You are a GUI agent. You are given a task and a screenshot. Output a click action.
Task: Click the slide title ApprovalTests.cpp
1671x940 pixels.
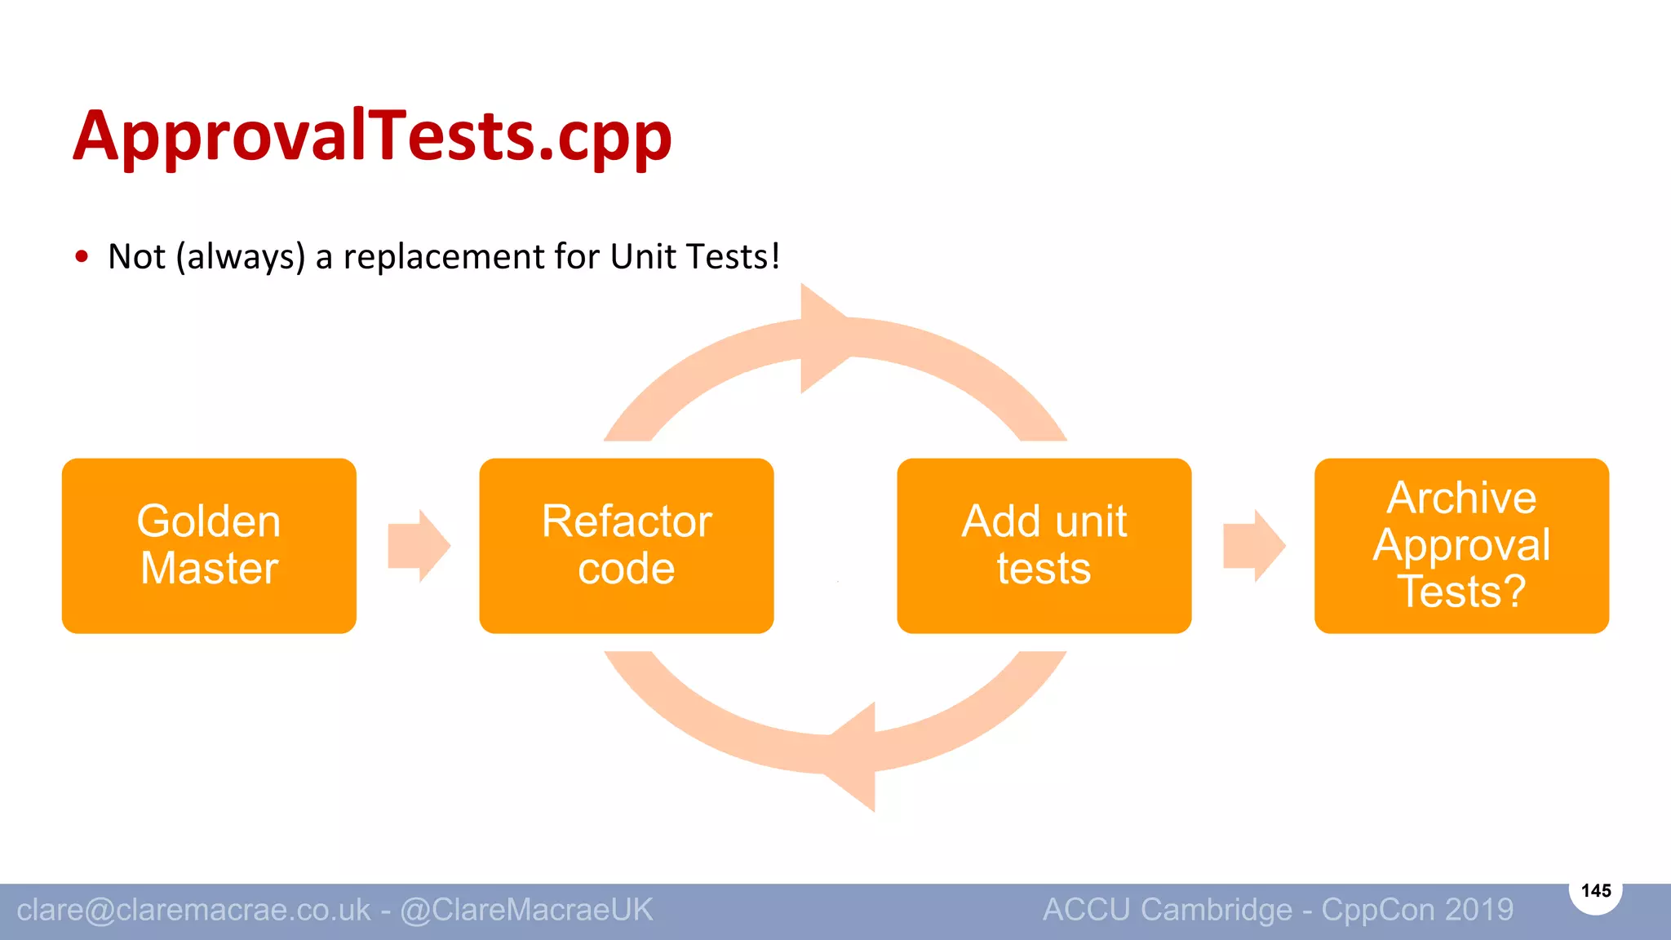click(372, 137)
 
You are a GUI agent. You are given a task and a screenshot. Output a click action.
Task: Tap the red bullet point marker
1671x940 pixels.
click(82, 257)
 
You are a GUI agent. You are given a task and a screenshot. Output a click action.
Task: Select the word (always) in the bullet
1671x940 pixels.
click(241, 257)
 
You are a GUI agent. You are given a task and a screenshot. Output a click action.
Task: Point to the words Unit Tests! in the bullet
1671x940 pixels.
click(694, 256)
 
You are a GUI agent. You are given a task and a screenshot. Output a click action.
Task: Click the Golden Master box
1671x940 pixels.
click(209, 545)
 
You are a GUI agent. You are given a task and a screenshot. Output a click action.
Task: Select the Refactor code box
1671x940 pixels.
click(627, 545)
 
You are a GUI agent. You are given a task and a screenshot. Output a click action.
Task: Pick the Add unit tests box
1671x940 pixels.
click(1044, 545)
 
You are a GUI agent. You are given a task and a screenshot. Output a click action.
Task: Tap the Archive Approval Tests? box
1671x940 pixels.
click(1461, 545)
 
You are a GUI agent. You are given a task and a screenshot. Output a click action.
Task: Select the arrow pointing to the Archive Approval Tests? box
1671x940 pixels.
click(1254, 545)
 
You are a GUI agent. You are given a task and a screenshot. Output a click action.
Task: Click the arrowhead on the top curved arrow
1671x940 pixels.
click(822, 338)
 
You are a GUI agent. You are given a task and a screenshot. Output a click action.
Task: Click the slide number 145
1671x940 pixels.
click(1596, 890)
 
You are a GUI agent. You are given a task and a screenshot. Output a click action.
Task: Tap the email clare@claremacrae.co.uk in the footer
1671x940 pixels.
click(193, 910)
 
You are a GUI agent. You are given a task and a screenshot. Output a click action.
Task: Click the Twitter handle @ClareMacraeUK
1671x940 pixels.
click(526, 910)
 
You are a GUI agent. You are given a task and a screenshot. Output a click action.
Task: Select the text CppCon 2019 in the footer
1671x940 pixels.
click(1417, 910)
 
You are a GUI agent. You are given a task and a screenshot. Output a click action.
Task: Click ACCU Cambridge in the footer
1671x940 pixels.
click(1168, 910)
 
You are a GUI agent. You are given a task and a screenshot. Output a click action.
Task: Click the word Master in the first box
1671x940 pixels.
click(209, 569)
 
